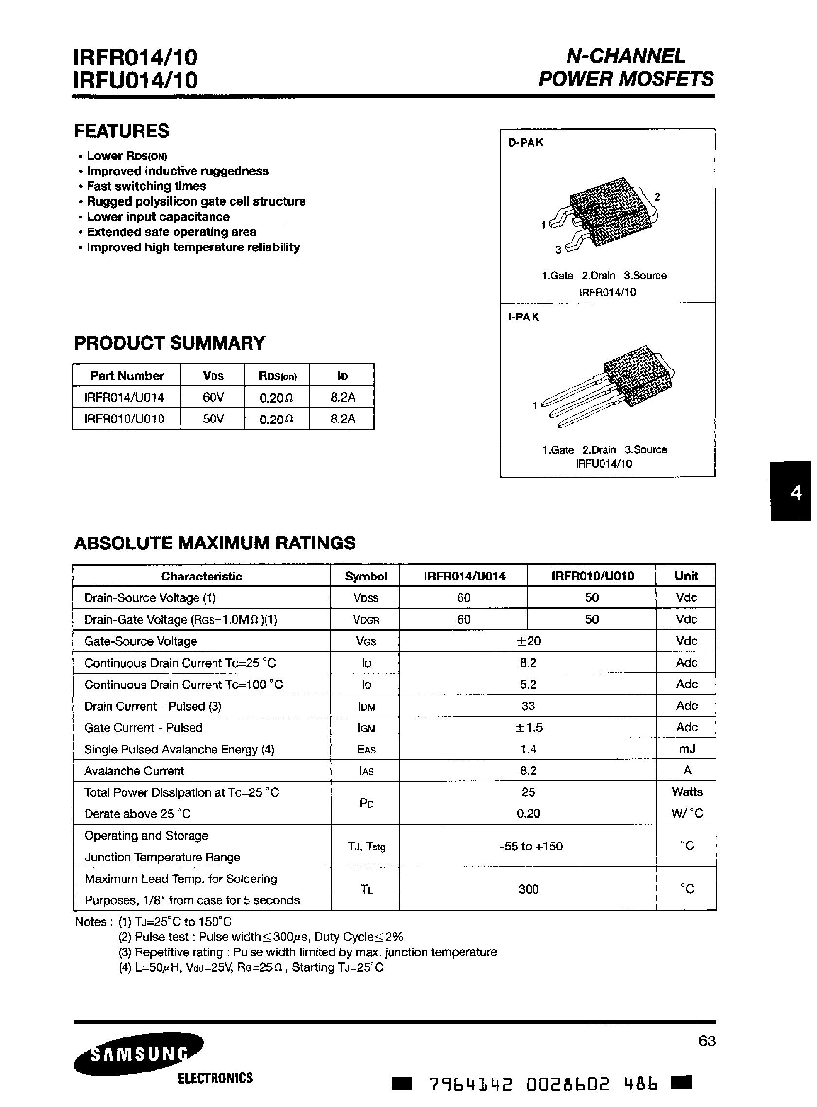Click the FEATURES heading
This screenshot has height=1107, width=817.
pos(122,131)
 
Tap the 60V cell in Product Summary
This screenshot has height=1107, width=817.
pos(213,398)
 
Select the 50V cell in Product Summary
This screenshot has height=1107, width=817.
pos(213,419)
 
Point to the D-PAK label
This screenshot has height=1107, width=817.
pos(526,143)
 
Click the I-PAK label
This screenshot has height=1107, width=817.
pos(523,317)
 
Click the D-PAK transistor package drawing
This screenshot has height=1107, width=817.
pos(606,217)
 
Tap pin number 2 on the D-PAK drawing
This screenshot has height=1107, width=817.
pos(657,197)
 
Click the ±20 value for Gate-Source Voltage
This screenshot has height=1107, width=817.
pos(528,641)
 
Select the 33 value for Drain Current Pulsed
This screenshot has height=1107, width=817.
pos(528,706)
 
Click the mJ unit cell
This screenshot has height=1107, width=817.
pos(687,749)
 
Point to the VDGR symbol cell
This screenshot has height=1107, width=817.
pos(366,620)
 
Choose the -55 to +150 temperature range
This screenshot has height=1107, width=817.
pos(531,846)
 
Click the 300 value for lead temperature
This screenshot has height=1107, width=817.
pos(528,890)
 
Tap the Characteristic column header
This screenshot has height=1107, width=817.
pos(202,577)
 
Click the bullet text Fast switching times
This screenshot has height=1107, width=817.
pos(146,186)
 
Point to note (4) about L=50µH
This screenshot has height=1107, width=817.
pos(251,967)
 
